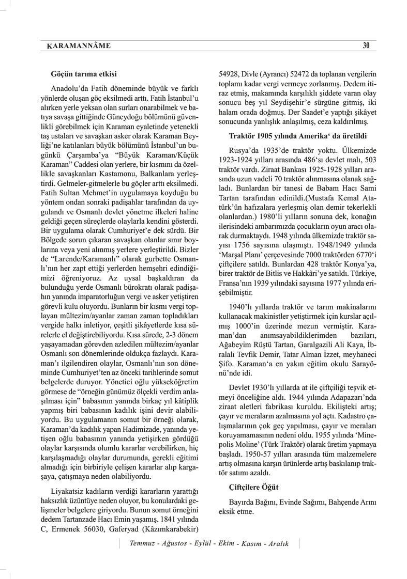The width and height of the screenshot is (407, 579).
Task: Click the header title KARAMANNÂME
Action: pos(75,45)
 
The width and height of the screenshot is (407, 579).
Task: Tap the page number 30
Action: pos(366,45)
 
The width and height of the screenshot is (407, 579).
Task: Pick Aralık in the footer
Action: pos(276,544)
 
